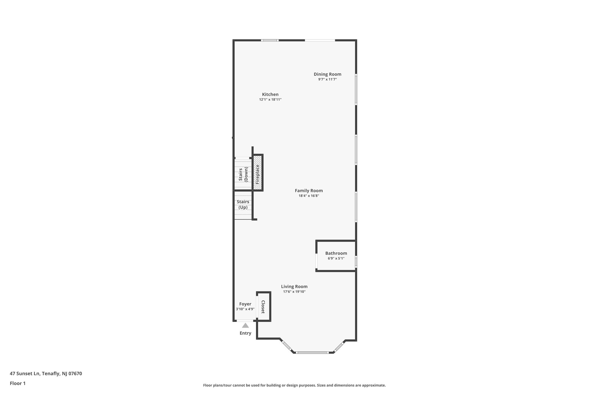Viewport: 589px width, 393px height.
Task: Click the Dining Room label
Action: click(x=327, y=74)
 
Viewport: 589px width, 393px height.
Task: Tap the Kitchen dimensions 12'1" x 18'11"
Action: click(x=270, y=100)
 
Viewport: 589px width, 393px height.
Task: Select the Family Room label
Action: click(x=309, y=191)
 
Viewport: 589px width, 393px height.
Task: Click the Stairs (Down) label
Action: click(x=243, y=174)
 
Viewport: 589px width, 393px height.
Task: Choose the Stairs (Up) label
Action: click(x=243, y=204)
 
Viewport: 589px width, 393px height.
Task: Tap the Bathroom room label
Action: click(x=336, y=253)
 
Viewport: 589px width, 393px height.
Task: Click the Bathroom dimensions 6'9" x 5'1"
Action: click(x=336, y=259)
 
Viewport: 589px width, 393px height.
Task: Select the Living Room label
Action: click(x=294, y=286)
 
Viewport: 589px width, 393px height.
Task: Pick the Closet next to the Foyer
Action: click(x=263, y=307)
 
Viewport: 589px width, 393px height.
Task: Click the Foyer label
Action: click(x=245, y=304)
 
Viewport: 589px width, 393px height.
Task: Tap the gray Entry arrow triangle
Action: click(x=245, y=326)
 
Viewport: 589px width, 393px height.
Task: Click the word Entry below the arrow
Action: click(x=245, y=333)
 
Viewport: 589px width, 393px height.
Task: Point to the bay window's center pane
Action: click(x=312, y=352)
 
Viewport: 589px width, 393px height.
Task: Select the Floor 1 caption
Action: click(x=18, y=383)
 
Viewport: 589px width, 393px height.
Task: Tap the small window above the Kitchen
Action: click(x=270, y=40)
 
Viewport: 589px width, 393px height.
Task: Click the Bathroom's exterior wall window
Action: click(x=356, y=261)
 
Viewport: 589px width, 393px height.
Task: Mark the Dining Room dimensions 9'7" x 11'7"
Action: click(x=327, y=79)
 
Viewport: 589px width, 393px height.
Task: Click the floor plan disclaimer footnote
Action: click(x=294, y=385)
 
